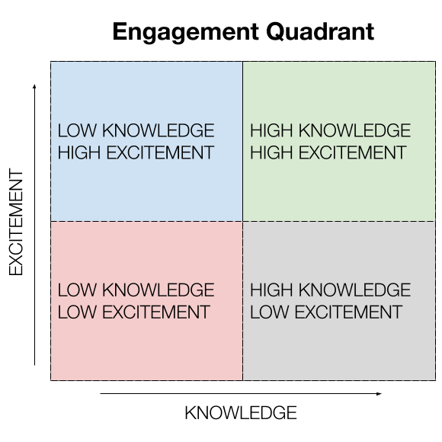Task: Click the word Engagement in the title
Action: coord(185,33)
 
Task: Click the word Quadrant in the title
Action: coord(320,32)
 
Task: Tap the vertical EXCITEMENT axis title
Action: coord(16,222)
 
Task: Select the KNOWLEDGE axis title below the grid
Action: coord(241,413)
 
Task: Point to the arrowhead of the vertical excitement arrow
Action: coord(34,86)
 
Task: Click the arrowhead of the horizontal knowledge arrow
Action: coord(380,394)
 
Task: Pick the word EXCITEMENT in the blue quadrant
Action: coord(160,152)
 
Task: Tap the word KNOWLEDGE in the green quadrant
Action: coord(354,130)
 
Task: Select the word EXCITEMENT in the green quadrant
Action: coord(353,152)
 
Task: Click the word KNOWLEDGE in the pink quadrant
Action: coord(159,290)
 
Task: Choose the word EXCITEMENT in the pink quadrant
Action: coord(156,312)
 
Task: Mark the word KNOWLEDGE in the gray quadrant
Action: coord(354,290)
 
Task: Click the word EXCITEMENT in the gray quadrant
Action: coord(348,312)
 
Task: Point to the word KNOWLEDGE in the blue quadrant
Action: coord(159,130)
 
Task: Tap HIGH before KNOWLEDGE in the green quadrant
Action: coord(271,130)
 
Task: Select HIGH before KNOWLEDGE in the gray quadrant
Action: coord(271,290)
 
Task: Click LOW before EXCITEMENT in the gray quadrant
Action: coord(270,312)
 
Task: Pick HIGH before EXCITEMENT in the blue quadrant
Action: coord(79,152)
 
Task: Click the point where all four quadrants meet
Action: coord(242,221)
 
